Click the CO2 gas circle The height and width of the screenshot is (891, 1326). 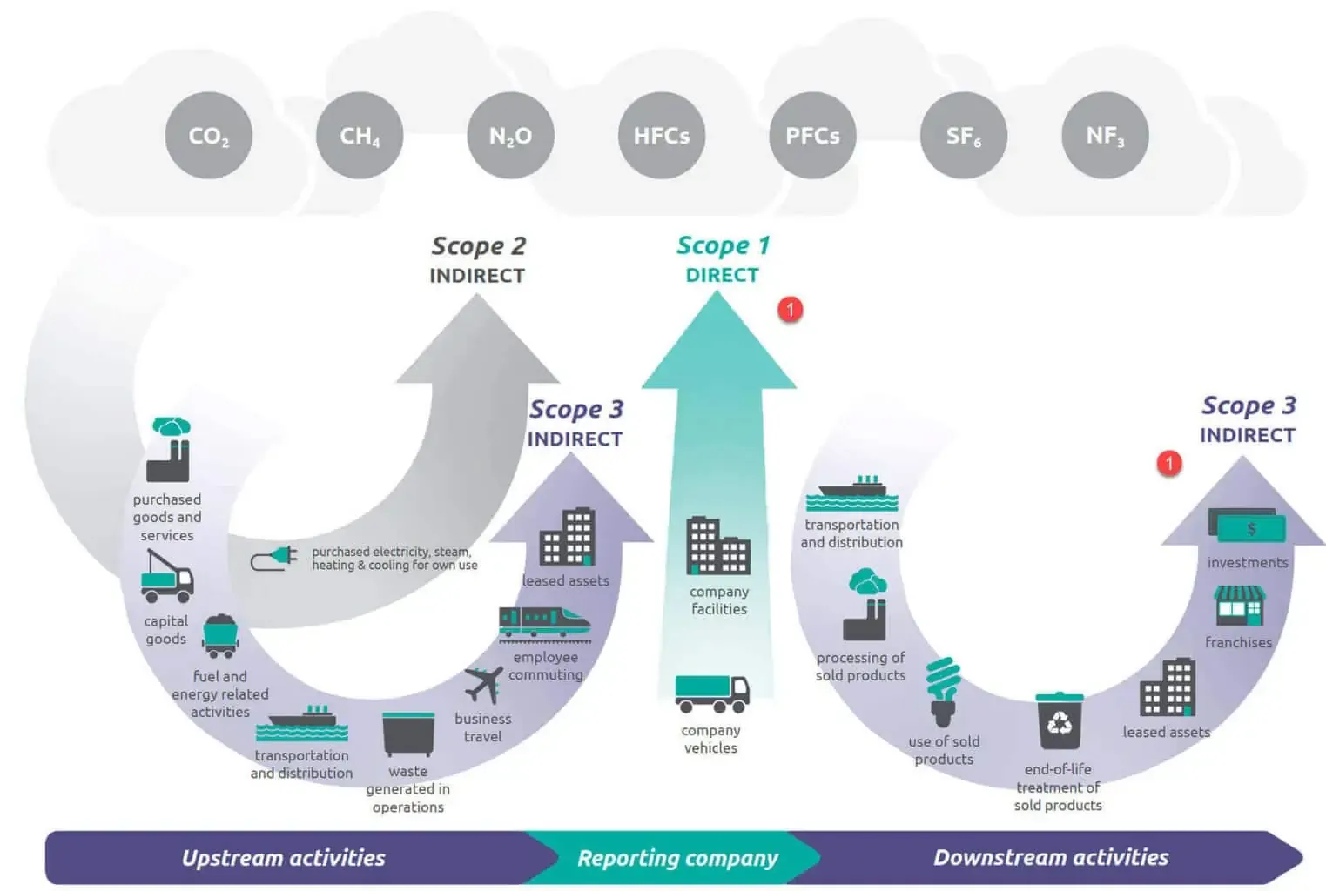click(208, 136)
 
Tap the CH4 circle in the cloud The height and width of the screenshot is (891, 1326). click(360, 136)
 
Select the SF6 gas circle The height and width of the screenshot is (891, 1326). click(963, 136)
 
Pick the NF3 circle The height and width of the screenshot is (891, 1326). click(1105, 136)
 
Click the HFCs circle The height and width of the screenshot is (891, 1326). click(662, 136)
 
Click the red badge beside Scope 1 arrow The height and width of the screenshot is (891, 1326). click(790, 309)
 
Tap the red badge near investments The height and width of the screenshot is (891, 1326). click(1169, 463)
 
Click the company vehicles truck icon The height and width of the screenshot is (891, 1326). click(711, 693)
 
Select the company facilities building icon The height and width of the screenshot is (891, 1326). click(718, 546)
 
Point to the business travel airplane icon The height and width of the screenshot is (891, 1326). click(484, 684)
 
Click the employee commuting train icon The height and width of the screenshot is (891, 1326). click(544, 623)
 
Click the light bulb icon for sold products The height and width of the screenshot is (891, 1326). click(943, 692)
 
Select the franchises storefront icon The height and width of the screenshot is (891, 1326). click(1239, 606)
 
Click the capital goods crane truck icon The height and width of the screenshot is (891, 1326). click(167, 576)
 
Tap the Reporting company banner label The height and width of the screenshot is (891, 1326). click(677, 858)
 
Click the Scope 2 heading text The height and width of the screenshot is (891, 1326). click(478, 246)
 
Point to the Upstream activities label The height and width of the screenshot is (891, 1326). click(283, 858)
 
